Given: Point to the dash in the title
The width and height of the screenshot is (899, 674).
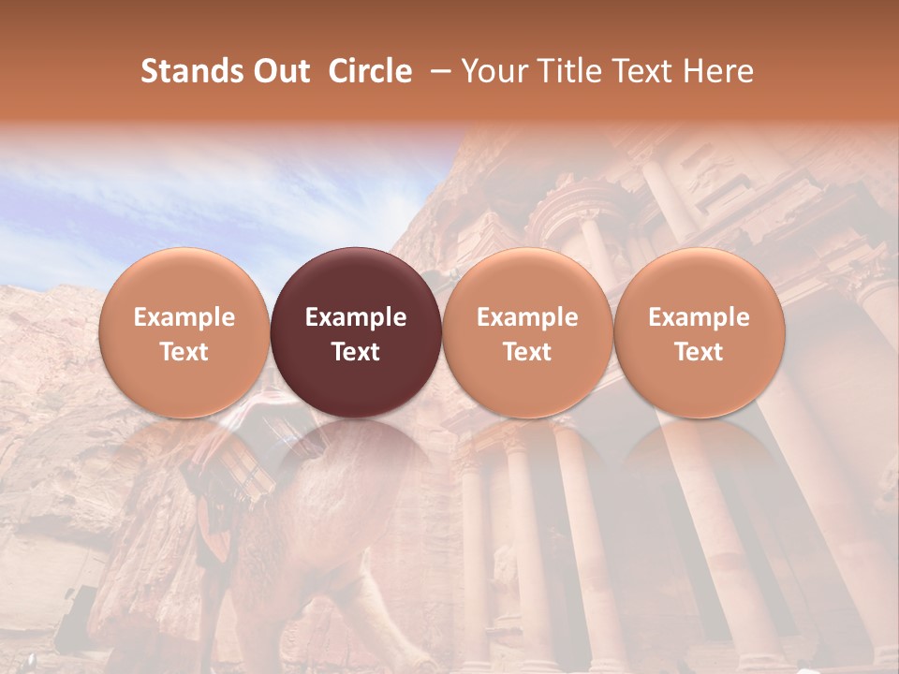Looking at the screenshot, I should pos(437,71).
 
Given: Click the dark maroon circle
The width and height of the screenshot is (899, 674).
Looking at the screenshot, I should pos(356,332).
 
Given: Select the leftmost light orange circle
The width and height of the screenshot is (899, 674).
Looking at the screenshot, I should pos(184,332).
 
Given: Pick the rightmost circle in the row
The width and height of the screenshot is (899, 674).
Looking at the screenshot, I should pos(700,332).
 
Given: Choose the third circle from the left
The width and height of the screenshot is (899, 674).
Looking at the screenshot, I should pos(527,332).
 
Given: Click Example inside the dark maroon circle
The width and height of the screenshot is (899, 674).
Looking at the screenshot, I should pos(356,317).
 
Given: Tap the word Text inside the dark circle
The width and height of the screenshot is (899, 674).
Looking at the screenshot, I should pos(356,352).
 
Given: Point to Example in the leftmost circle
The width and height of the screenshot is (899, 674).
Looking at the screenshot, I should pos(184,317).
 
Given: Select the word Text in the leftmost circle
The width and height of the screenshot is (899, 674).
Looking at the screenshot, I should pos(184,352).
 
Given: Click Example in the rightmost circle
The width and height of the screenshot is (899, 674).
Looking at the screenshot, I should pos(700,317).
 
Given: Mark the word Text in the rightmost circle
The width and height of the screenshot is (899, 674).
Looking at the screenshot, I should pos(700,352).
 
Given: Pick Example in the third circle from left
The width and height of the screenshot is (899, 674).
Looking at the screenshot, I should pos(527,317).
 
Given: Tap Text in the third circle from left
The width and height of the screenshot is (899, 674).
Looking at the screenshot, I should pos(527,352).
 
